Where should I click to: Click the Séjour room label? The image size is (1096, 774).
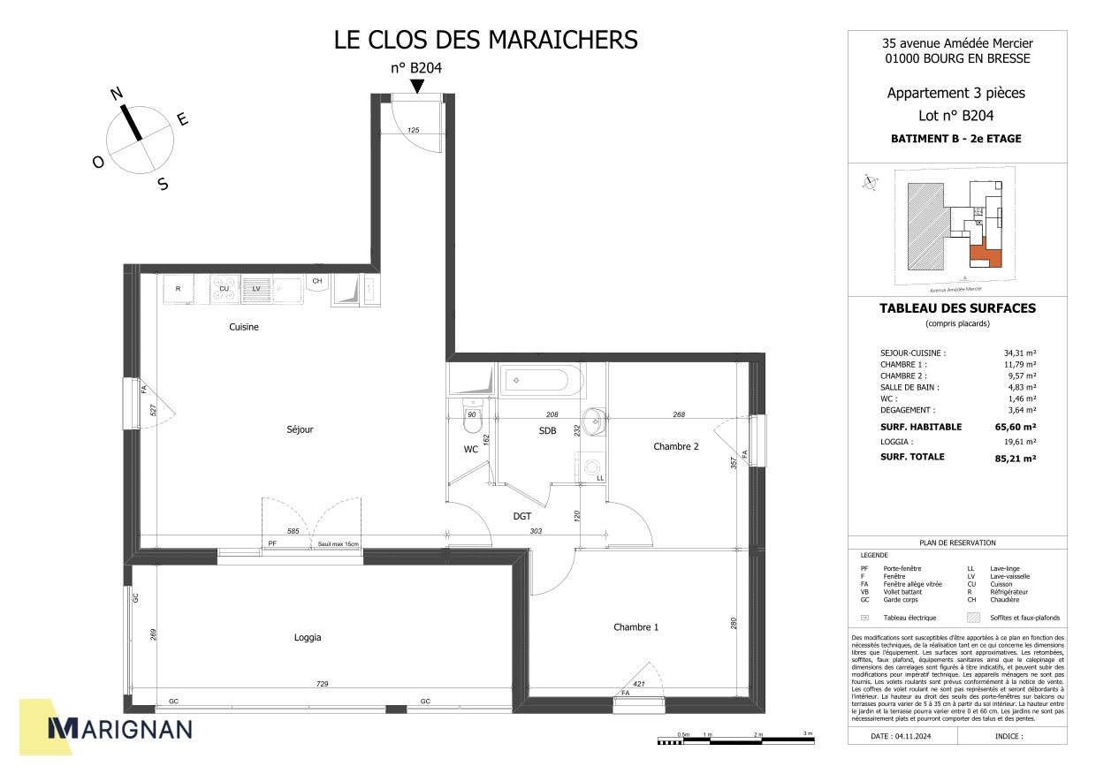point(300,429)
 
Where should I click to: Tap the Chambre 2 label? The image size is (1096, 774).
point(676,446)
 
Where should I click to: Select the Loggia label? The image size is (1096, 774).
point(308,637)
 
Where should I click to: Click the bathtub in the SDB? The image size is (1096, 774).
point(537,382)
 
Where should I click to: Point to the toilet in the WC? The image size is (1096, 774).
point(471,426)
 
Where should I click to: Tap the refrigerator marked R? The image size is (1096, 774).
point(179,289)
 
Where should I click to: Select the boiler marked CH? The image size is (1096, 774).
point(316,282)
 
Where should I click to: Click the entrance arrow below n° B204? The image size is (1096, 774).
point(416,85)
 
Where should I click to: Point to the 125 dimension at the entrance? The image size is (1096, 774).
point(413,130)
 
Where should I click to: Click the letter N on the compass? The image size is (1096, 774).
point(116,93)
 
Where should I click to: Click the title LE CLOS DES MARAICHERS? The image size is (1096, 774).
point(485,40)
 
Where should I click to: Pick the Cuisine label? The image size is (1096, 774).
point(244,327)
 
